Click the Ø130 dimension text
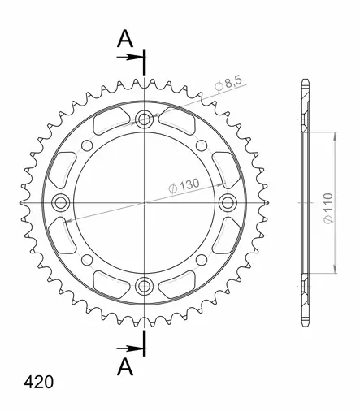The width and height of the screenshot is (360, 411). tap(184, 185)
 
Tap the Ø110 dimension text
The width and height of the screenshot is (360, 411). tap(328, 208)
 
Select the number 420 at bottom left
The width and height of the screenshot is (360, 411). tap(39, 383)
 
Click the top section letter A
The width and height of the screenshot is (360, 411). tap(125, 39)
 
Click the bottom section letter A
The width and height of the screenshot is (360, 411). tap(125, 366)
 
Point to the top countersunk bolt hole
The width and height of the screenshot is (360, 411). tap(144, 119)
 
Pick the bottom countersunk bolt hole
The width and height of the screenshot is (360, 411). tap(144, 286)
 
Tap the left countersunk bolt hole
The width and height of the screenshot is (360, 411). tap(60, 202)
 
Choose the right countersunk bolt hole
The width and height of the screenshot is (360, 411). tap(228, 202)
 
